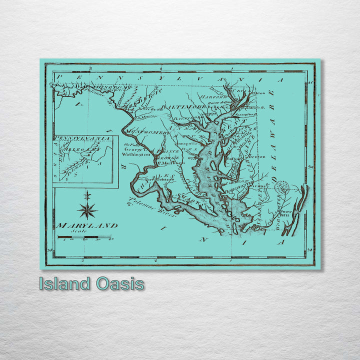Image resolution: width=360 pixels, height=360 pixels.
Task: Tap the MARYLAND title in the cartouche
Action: coord(87,225)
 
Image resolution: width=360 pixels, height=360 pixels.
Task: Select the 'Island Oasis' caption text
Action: coord(92,284)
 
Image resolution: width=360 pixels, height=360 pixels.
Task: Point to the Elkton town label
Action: coord(258,93)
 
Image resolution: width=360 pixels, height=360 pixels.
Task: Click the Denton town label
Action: coord(258,156)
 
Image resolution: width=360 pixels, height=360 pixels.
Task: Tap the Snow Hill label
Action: coord(286,212)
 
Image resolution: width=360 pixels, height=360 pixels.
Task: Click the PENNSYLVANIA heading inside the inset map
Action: coord(82,138)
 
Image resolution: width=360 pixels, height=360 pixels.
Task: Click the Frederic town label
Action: coord(154,108)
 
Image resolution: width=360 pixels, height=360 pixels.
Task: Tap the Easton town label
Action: coord(233,159)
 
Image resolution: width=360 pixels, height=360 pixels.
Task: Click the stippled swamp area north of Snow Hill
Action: coord(282,187)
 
